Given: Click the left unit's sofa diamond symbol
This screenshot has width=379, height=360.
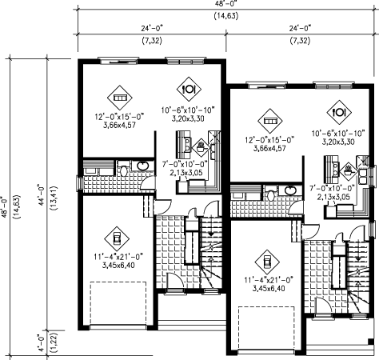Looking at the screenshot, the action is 120,98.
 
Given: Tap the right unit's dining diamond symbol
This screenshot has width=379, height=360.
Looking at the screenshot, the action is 339,112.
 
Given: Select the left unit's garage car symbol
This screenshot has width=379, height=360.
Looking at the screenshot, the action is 117,238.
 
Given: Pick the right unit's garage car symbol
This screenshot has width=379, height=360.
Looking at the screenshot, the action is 267,262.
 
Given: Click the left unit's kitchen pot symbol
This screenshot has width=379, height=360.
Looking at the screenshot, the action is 201,147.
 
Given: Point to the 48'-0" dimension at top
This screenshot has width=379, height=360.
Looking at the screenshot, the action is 226,3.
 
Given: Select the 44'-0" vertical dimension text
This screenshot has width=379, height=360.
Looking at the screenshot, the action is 41,194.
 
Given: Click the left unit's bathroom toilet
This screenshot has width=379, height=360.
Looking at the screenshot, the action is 123,169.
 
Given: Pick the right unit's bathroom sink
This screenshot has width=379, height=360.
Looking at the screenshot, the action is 291,190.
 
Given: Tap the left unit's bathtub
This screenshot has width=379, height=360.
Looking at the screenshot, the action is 98,168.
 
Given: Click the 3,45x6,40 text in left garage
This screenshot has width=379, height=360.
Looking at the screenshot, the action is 118,265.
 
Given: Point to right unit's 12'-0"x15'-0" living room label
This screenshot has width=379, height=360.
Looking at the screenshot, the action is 269,140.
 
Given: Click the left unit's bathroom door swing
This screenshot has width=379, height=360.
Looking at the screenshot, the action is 148,183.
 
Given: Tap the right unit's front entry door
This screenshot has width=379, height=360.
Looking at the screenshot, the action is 324,306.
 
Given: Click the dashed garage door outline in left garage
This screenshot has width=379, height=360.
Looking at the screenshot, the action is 118,303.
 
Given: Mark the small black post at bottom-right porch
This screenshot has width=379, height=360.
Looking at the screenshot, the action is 370,341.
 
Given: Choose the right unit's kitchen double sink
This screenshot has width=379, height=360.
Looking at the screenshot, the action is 362,176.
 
